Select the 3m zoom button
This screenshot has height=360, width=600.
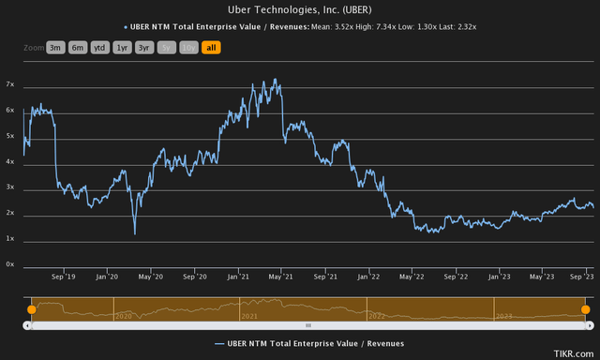tap(55, 47)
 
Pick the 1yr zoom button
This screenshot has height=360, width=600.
tap(122, 47)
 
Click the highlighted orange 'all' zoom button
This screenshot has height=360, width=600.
tap(211, 47)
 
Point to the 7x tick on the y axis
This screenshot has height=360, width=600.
tap(9, 84)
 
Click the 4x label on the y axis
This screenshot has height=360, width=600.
tap(9, 162)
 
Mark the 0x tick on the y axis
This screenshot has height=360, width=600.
tap(9, 266)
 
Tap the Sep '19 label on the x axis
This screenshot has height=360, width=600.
tap(63, 277)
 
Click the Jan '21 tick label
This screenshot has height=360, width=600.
tap(238, 277)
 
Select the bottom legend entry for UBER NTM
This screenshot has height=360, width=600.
tap(309, 343)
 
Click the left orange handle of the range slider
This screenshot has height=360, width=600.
tap(31, 308)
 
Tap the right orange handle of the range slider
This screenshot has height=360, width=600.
tap(586, 308)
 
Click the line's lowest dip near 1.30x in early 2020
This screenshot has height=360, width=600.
tap(134, 233)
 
